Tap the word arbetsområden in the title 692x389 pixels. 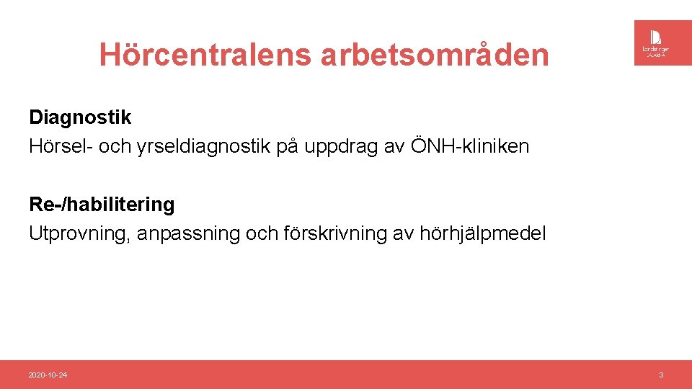(x=435, y=55)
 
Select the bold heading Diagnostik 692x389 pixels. (x=80, y=117)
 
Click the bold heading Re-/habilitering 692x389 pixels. (x=102, y=205)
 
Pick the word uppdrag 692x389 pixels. (x=342, y=148)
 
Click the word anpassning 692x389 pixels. (x=186, y=234)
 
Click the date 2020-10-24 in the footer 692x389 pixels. (x=48, y=375)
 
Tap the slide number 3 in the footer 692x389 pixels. (x=661, y=375)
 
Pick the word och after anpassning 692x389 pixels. (x=265, y=234)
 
